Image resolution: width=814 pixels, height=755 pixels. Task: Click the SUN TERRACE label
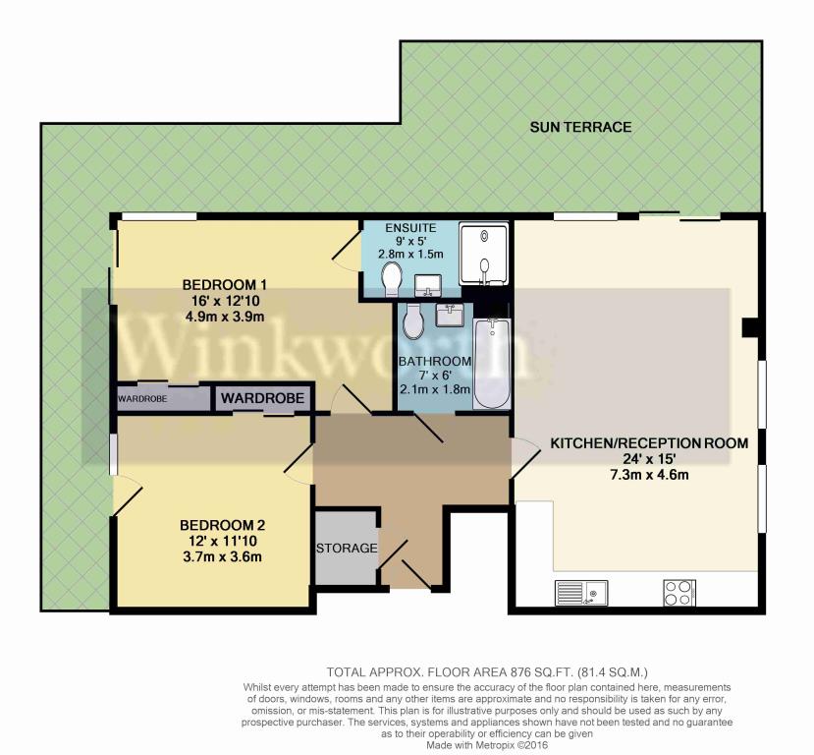(x=580, y=127)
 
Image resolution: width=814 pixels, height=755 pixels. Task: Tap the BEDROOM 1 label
(x=224, y=285)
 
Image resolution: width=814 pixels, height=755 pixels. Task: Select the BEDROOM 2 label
(x=223, y=525)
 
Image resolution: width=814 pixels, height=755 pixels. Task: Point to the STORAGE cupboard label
(x=347, y=549)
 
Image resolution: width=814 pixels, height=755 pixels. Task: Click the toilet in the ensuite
(x=392, y=278)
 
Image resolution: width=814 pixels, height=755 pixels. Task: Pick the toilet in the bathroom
(x=413, y=320)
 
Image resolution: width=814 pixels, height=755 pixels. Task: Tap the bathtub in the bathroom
(x=491, y=363)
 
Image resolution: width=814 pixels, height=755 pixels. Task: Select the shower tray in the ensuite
(x=484, y=254)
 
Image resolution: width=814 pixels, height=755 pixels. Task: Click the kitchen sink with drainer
(x=581, y=593)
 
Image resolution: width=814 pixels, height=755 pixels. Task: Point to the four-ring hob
(x=679, y=593)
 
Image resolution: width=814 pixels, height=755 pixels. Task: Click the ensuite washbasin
(x=428, y=285)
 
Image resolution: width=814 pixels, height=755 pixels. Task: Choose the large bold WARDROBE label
(x=263, y=398)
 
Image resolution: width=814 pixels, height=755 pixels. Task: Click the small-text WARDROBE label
(x=142, y=399)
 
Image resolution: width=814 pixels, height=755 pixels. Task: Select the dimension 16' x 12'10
(x=225, y=301)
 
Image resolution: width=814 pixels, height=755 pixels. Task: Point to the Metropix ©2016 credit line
(x=486, y=745)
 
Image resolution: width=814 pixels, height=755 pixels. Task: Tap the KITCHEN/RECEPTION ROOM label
(x=649, y=443)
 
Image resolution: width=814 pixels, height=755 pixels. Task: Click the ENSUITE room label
(x=410, y=228)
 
